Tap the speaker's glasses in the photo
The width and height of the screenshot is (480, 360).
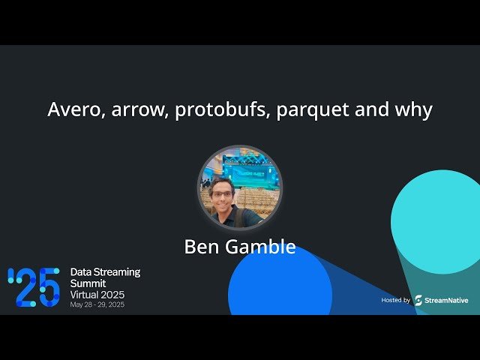pyautogui.click(x=223, y=193)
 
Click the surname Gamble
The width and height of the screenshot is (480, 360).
pyautogui.click(x=262, y=247)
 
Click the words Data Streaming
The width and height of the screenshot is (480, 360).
pyautogui.click(x=105, y=271)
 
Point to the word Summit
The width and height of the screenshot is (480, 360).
pyautogui.click(x=88, y=283)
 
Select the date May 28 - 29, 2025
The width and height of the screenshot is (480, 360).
pyautogui.click(x=97, y=305)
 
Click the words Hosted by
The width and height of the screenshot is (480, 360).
pyautogui.click(x=395, y=300)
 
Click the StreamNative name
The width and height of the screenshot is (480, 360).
pyautogui.click(x=447, y=300)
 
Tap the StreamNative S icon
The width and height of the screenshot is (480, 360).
pyautogui.click(x=418, y=300)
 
